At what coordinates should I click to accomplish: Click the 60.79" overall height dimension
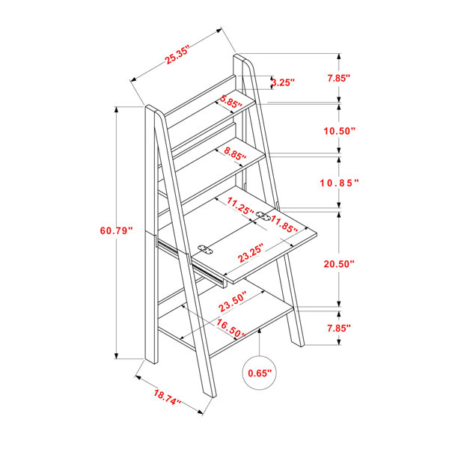click(x=117, y=230)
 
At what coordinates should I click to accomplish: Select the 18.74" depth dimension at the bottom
click(x=168, y=397)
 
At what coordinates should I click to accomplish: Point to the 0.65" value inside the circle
click(x=260, y=373)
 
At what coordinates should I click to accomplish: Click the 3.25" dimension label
click(x=283, y=82)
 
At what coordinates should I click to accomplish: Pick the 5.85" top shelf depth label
click(x=230, y=102)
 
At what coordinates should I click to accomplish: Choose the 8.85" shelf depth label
click(x=235, y=153)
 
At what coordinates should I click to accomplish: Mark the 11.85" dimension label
click(x=284, y=224)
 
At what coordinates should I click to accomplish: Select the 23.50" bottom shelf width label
click(x=233, y=302)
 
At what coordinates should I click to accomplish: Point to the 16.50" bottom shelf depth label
click(x=230, y=329)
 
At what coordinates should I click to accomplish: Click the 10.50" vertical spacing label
click(x=339, y=131)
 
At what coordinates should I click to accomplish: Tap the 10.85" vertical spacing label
click(x=339, y=183)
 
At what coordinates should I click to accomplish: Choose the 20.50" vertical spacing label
click(x=339, y=263)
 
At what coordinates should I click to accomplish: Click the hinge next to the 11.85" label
click(x=263, y=216)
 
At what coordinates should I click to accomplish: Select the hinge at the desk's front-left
click(x=205, y=249)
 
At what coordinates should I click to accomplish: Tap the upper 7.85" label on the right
click(x=339, y=78)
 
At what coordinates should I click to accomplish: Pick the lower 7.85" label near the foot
click(x=339, y=329)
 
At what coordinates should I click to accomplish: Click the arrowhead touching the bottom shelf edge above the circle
click(x=260, y=331)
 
